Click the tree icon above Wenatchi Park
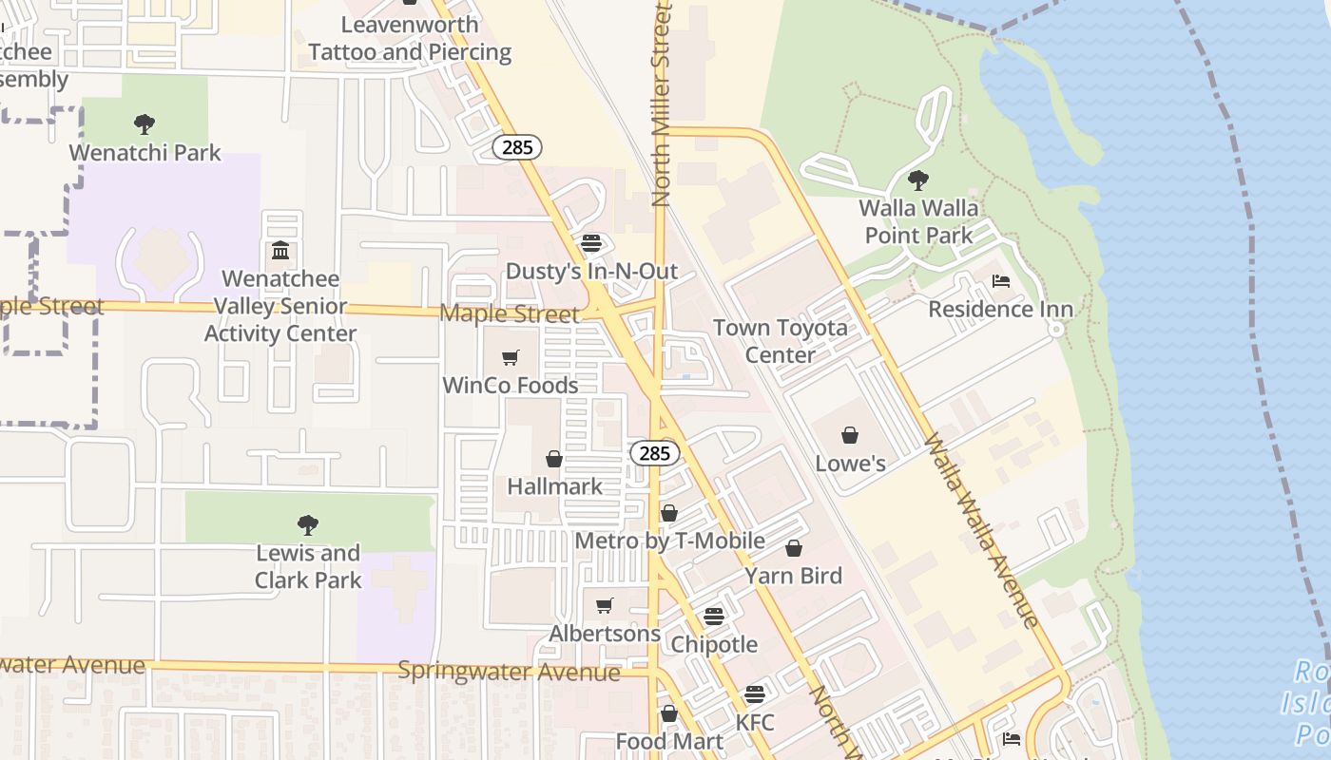(x=145, y=123)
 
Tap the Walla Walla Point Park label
(x=917, y=221)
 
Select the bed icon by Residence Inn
(x=1000, y=280)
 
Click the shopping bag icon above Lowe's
(x=850, y=435)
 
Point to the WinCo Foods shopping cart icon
(x=511, y=358)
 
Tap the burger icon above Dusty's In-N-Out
(x=591, y=243)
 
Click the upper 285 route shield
(x=517, y=147)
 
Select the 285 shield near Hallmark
(x=655, y=453)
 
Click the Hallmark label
(x=554, y=486)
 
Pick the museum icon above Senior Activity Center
(x=280, y=251)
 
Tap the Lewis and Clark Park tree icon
(x=307, y=524)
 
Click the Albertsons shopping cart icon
(x=605, y=606)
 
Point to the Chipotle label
(x=714, y=644)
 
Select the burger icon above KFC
(x=755, y=694)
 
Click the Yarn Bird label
(x=793, y=576)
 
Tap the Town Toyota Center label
(x=780, y=341)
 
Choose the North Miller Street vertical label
(x=662, y=104)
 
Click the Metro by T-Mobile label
(x=670, y=541)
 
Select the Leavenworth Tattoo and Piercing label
(x=410, y=38)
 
